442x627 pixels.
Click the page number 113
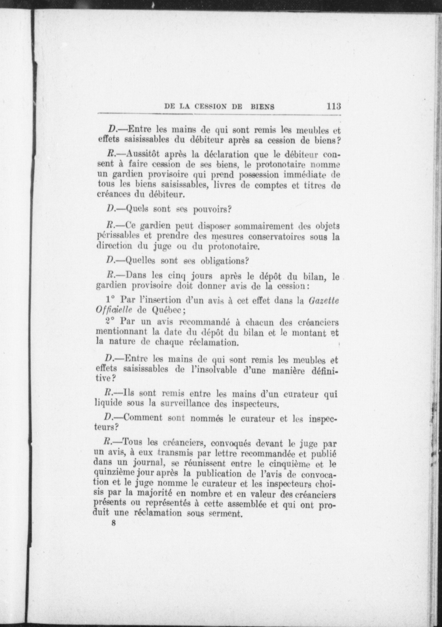coord(333,106)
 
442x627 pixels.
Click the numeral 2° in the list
coord(111,322)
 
